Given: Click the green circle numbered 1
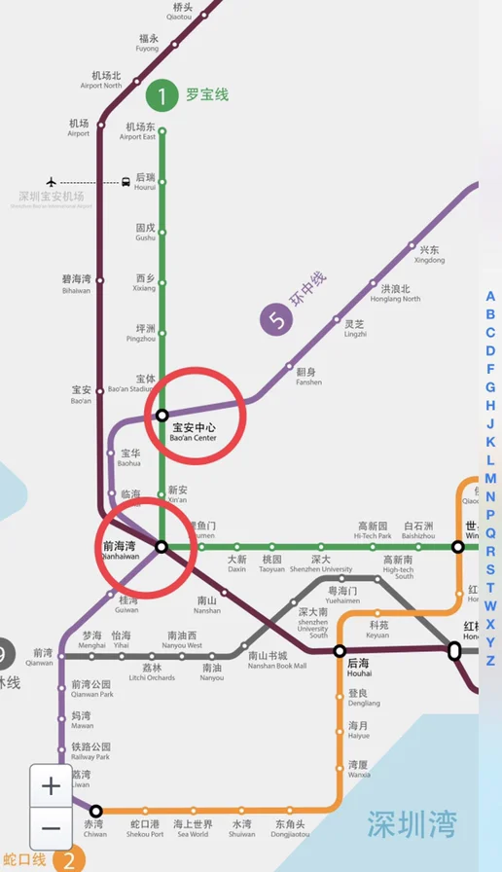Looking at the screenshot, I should coord(161,95).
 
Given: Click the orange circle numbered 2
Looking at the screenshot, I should coord(68,859).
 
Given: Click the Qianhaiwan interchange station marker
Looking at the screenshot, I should coord(161,547).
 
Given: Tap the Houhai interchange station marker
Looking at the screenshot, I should coord(340,650).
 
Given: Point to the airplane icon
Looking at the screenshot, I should coord(51,182).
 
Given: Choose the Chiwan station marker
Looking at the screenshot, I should coord(95,810).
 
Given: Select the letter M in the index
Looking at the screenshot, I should coord(490,478).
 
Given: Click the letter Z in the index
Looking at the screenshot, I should coord(490,661).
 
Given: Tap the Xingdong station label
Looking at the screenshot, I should coord(429,255).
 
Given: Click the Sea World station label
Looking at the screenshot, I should coord(193,829).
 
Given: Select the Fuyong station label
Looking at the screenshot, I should coord(147,43).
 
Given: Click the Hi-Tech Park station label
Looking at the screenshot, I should coord(373,530).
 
